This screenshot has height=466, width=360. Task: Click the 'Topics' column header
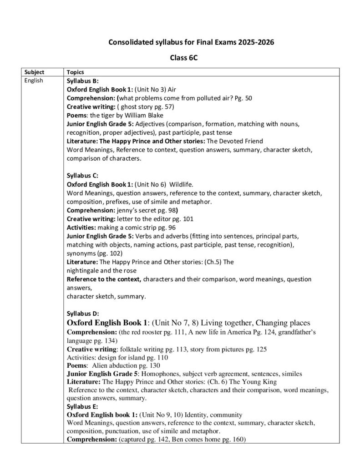point(75,72)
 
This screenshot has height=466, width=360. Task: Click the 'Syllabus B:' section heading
point(80,81)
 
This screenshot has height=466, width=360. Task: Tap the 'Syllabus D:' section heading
point(80,314)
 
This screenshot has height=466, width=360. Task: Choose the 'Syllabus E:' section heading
point(80,406)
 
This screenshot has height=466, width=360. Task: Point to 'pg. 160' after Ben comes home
point(235,439)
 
